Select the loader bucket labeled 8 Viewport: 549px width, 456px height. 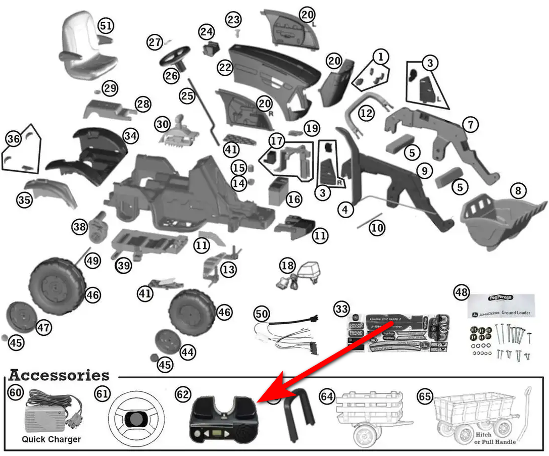coord(500,220)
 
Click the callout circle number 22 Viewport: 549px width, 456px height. coord(225,67)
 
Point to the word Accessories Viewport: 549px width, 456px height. coord(59,376)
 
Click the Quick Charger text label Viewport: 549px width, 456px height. coord(51,439)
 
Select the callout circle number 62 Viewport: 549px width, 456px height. coord(182,394)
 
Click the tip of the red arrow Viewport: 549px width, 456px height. coord(259,401)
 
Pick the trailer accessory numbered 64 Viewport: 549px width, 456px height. coord(371,417)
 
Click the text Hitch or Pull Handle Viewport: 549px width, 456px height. coord(495,438)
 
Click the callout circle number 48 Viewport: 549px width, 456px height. coord(462,292)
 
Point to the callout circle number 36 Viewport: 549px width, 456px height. coord(13,138)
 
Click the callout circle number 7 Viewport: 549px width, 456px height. coord(470,124)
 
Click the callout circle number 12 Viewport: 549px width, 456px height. coord(366,113)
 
